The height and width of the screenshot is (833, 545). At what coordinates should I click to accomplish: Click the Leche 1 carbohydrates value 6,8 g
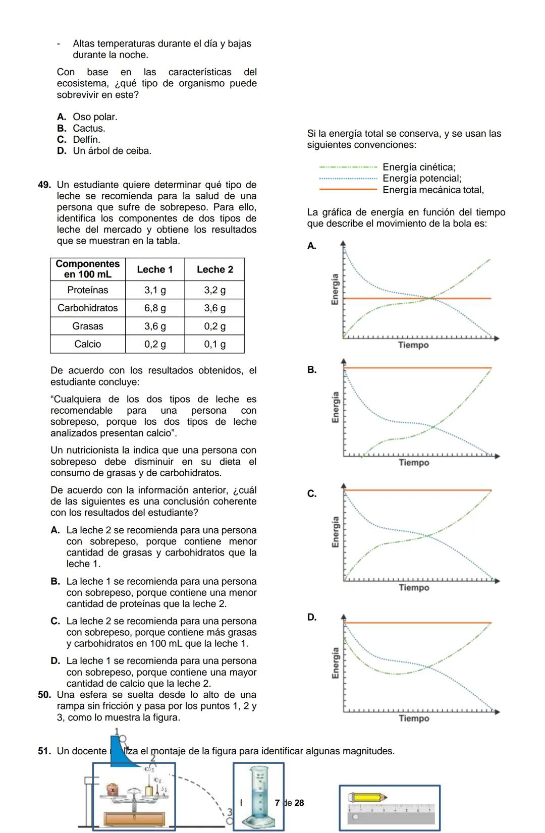155,308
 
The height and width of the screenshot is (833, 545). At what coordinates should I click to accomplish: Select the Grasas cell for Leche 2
214,326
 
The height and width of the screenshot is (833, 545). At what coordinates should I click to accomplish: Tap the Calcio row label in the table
88,344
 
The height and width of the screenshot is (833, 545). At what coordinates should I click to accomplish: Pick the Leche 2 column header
214,269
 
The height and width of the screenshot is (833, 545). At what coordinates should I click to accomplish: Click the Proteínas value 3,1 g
155,290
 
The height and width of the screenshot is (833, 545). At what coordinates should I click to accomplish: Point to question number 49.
44,185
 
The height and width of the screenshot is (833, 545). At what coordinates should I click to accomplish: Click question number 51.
44,751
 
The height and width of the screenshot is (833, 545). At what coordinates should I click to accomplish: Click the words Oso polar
95,117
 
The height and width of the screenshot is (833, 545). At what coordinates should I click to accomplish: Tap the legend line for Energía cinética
348,167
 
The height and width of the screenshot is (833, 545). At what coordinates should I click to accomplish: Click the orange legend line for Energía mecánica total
348,190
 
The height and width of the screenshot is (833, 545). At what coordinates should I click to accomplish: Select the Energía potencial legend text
422,179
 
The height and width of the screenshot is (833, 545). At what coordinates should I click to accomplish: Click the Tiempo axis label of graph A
413,345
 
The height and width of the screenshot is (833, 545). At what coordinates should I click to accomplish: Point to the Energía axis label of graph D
335,663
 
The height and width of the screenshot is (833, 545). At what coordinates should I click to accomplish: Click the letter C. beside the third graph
312,493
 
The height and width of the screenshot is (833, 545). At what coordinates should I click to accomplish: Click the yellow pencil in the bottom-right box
367,798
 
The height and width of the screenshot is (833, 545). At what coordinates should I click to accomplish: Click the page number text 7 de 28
289,803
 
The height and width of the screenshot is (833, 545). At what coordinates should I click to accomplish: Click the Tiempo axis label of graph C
414,588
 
